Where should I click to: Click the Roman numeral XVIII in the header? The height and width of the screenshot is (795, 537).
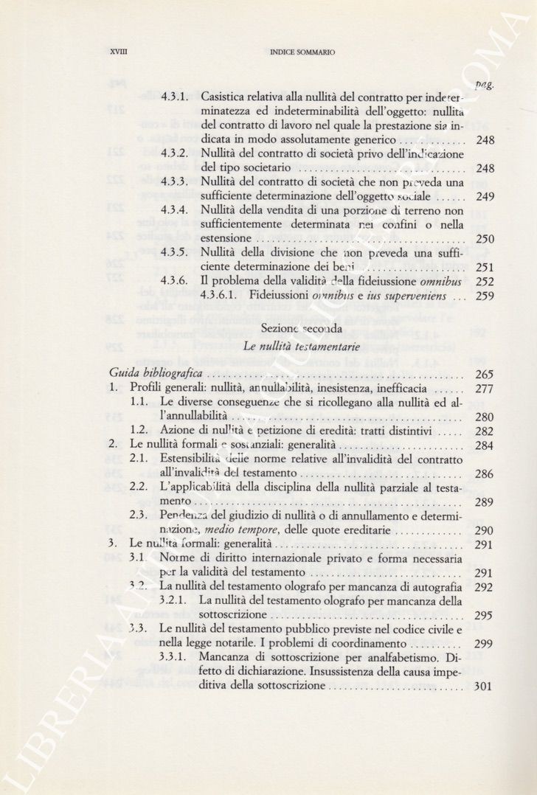tap(118, 52)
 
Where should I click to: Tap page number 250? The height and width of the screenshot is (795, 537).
tap(485, 239)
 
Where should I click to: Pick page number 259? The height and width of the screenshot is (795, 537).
tap(485, 296)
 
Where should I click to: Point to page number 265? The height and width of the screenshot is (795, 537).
tap(485, 375)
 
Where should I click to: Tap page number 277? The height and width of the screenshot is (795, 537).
tap(485, 389)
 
